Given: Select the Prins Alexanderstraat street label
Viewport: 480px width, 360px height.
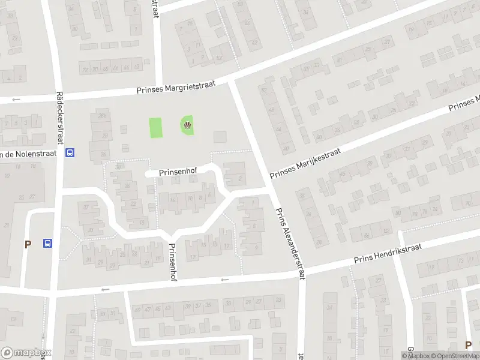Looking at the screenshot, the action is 287,242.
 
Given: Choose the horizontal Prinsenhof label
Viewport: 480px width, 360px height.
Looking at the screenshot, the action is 178,172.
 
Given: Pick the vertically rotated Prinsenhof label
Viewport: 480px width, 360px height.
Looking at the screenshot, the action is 173,260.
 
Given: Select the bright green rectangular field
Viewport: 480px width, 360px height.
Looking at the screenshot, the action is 156,127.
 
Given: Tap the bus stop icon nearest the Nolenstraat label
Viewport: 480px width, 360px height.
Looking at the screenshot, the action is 70,152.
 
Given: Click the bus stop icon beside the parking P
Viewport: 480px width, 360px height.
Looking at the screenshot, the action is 47,244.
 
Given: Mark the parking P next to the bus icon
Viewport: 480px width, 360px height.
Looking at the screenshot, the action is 27,244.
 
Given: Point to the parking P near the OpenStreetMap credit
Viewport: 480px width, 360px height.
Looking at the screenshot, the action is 469,345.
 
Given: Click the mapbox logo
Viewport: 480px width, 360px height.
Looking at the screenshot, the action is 26,353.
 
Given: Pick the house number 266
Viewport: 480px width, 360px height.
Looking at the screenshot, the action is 103,116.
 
